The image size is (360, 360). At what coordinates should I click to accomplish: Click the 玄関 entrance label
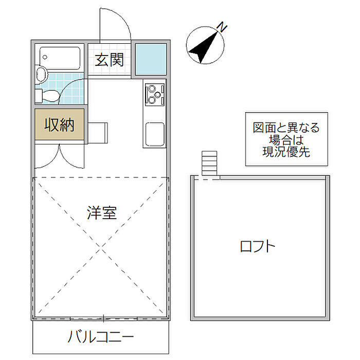(x=109, y=60)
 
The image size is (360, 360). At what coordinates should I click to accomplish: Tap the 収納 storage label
(x=60, y=124)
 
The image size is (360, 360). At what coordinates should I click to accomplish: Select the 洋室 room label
(x=102, y=212)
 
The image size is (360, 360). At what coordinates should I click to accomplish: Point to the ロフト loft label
(x=258, y=246)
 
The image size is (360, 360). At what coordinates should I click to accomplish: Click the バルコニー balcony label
(x=101, y=337)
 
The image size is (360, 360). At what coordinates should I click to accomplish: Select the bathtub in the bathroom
(x=60, y=58)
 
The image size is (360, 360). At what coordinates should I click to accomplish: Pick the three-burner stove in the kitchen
(x=154, y=93)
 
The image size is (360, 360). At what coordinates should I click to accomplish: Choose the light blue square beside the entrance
(x=151, y=60)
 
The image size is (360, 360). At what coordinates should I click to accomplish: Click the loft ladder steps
(x=210, y=164)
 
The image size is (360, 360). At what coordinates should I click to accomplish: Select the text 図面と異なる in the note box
(x=285, y=128)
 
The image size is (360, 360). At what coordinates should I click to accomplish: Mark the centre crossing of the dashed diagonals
(x=102, y=247)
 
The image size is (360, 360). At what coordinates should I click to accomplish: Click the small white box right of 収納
(x=98, y=133)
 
